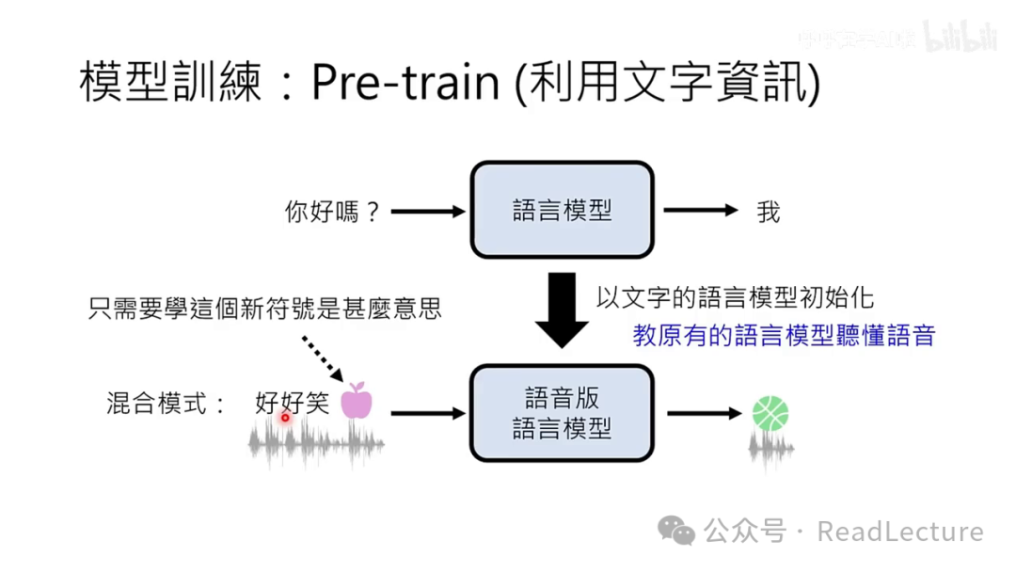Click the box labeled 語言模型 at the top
point(562,210)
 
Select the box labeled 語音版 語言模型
point(562,414)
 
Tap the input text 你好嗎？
point(332,212)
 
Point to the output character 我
point(768,212)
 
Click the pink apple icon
point(357,401)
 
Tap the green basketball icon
point(770,413)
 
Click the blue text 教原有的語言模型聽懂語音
point(784,336)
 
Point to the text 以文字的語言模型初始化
point(735,297)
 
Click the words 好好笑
point(292,404)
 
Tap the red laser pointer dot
point(285,416)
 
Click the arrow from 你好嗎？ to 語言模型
point(428,212)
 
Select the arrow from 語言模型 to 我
point(701,212)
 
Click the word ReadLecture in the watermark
point(900,532)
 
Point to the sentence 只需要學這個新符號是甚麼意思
point(264,309)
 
